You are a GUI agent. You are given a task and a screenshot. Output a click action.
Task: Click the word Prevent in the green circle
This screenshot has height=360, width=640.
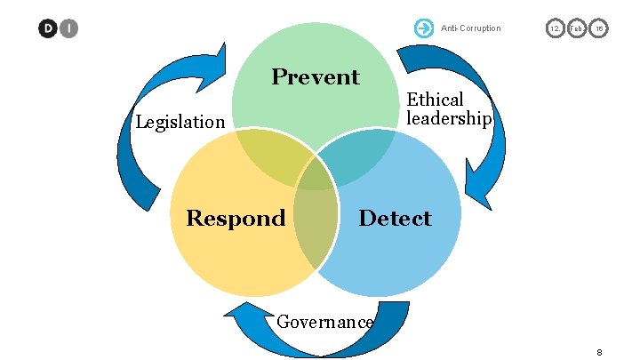[x=316, y=77]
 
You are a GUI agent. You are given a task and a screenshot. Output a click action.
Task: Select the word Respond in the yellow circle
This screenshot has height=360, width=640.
[x=236, y=218]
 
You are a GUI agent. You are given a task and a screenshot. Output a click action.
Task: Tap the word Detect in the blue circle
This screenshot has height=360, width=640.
[x=395, y=218]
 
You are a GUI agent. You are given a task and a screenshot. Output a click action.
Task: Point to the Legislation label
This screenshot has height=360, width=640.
[x=180, y=122]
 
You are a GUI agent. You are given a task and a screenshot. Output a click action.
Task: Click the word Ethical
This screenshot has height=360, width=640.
[x=436, y=100]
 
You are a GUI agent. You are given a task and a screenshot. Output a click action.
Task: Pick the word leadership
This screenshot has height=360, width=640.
[x=449, y=118]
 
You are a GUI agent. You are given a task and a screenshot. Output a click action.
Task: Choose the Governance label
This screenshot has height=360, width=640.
[x=324, y=321]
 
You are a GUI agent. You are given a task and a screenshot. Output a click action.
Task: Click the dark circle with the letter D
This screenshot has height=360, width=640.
[x=47, y=28]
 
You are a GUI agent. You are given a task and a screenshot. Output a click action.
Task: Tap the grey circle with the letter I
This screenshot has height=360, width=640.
[x=68, y=28]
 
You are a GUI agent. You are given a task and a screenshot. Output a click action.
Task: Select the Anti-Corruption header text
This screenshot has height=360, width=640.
[x=471, y=28]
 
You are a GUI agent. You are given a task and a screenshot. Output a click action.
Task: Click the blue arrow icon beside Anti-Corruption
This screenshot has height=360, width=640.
[x=423, y=28]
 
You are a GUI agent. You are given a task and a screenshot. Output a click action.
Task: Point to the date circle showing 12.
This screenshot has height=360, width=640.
[x=556, y=28]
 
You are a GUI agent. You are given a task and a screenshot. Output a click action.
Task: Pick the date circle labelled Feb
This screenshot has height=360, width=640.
[x=576, y=28]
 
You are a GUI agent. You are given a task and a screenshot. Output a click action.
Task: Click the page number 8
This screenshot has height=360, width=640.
[x=600, y=352]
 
